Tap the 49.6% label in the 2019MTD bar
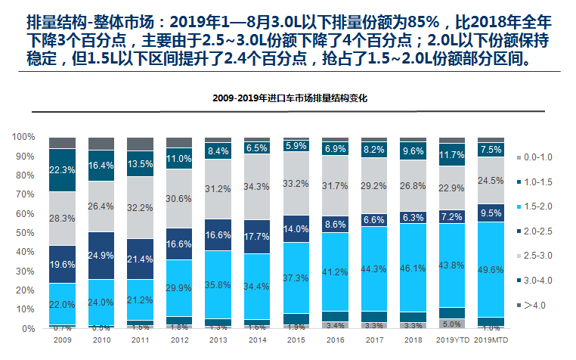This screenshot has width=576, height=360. (491, 269)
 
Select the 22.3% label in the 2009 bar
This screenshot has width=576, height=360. (62, 170)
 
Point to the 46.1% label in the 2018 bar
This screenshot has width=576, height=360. (413, 268)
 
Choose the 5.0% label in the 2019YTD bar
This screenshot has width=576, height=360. (452, 324)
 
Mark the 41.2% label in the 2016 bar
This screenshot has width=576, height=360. (336, 271)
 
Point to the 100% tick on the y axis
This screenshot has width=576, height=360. (23, 137)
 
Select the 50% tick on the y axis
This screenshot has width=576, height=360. (26, 233)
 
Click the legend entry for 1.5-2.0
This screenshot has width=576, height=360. (540, 206)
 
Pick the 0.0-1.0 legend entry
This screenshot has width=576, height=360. (540, 157)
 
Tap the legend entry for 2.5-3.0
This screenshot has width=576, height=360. (540, 255)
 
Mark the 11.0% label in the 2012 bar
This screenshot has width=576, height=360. (179, 160)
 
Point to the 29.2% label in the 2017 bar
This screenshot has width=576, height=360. (374, 185)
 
